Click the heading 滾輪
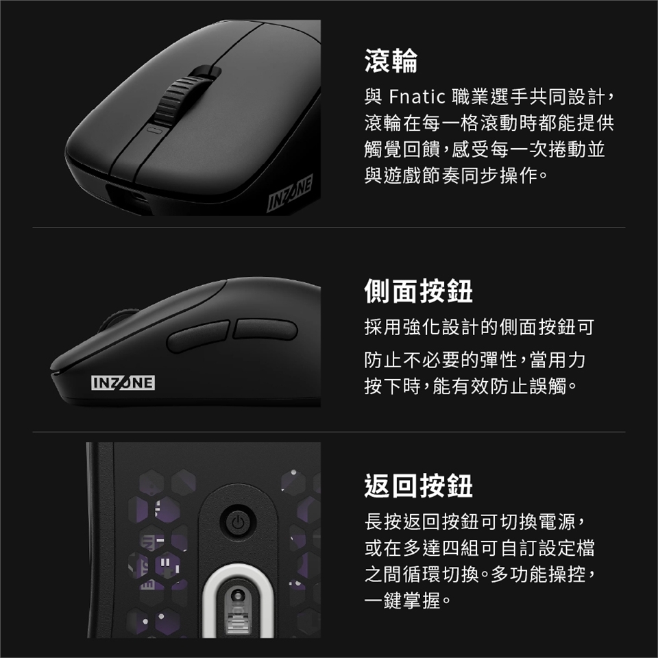tap(391, 61)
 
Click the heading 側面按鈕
tap(418, 291)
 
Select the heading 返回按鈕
tap(418, 485)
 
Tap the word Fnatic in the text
tap(417, 97)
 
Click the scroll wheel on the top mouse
tap(184, 98)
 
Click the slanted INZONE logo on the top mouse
tap(290, 193)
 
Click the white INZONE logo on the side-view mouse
tap(123, 382)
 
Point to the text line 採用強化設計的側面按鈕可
tap(479, 328)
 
